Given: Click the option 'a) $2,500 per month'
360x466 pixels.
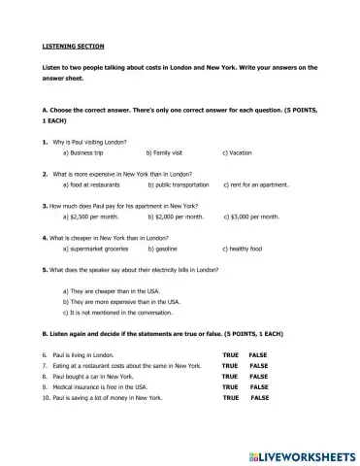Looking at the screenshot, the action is [94, 216].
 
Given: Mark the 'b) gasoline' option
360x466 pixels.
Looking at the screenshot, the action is [168, 249].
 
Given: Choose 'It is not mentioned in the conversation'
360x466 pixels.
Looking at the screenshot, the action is [127, 312].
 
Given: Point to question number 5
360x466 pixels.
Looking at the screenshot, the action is [46, 270].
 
